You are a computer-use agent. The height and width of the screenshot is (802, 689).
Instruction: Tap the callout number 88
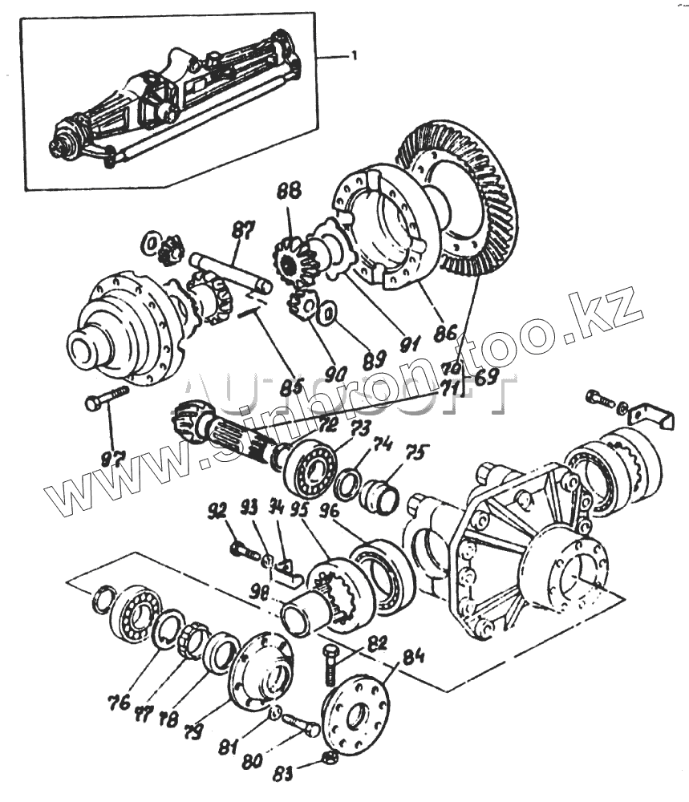[289, 192]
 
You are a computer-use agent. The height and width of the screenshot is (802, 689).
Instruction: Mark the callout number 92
[217, 511]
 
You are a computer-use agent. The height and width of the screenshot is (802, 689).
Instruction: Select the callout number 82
[376, 643]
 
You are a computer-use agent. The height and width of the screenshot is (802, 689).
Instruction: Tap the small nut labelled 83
[329, 759]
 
